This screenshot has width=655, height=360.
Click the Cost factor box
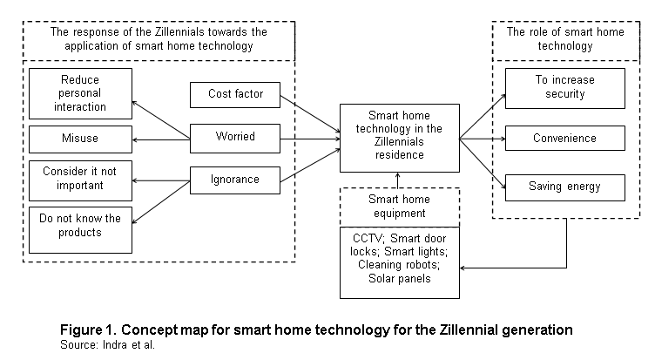[x=235, y=93]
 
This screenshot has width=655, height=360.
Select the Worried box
[x=235, y=137]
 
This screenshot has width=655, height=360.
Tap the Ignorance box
[x=235, y=180]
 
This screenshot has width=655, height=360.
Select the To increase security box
[x=564, y=88]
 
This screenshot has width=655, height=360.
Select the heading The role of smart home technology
[x=565, y=38]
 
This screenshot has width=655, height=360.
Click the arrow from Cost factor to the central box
[x=308, y=113]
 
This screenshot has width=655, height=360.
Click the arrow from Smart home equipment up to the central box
[x=397, y=179]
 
